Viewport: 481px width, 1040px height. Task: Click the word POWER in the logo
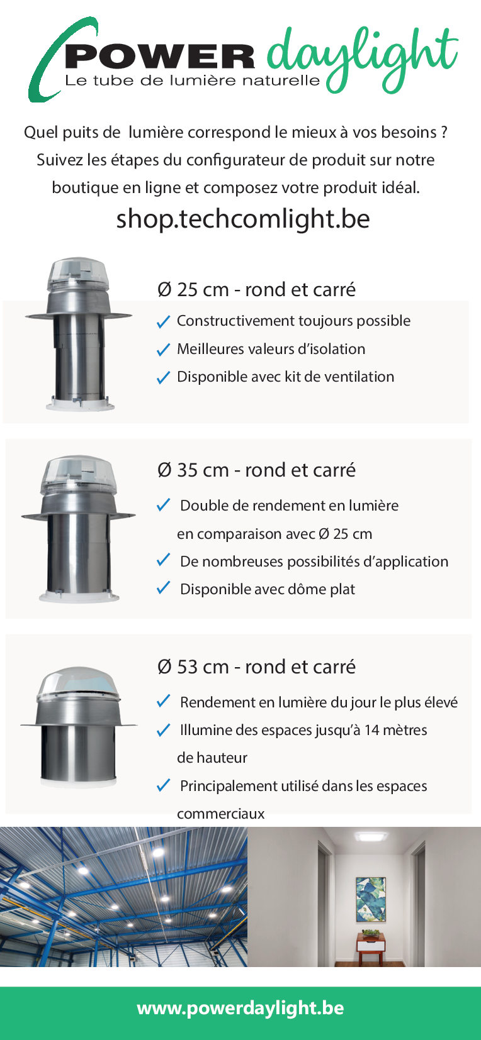[x=159, y=57]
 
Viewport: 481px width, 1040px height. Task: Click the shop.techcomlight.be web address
[x=242, y=219]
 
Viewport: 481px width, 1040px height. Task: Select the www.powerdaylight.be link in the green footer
[x=241, y=1008]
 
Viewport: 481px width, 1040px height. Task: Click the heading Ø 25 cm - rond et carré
[x=256, y=289]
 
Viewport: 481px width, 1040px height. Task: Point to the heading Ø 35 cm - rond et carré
[x=256, y=470]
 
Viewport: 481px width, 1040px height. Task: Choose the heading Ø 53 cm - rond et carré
[x=256, y=667]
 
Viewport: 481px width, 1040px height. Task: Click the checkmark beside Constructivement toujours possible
[x=163, y=321]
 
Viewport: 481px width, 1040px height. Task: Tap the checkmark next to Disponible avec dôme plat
[x=163, y=588]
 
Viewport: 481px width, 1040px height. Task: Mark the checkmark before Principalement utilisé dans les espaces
[x=163, y=785]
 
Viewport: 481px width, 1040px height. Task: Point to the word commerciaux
[x=221, y=814]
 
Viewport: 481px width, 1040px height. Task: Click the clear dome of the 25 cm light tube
[x=79, y=273]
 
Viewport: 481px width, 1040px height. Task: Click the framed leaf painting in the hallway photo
[x=371, y=899]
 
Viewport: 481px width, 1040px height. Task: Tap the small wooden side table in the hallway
[x=371, y=948]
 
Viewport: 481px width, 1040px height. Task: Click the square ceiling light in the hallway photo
[x=371, y=836]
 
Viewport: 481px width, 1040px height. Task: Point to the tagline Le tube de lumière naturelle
[x=193, y=80]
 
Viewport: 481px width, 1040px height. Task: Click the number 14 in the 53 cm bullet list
[x=372, y=730]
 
